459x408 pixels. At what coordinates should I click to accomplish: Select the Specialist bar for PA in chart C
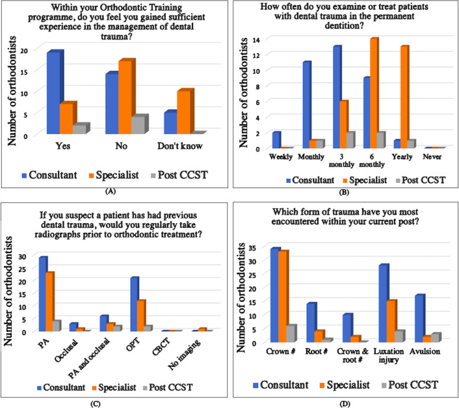(x=49, y=301)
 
